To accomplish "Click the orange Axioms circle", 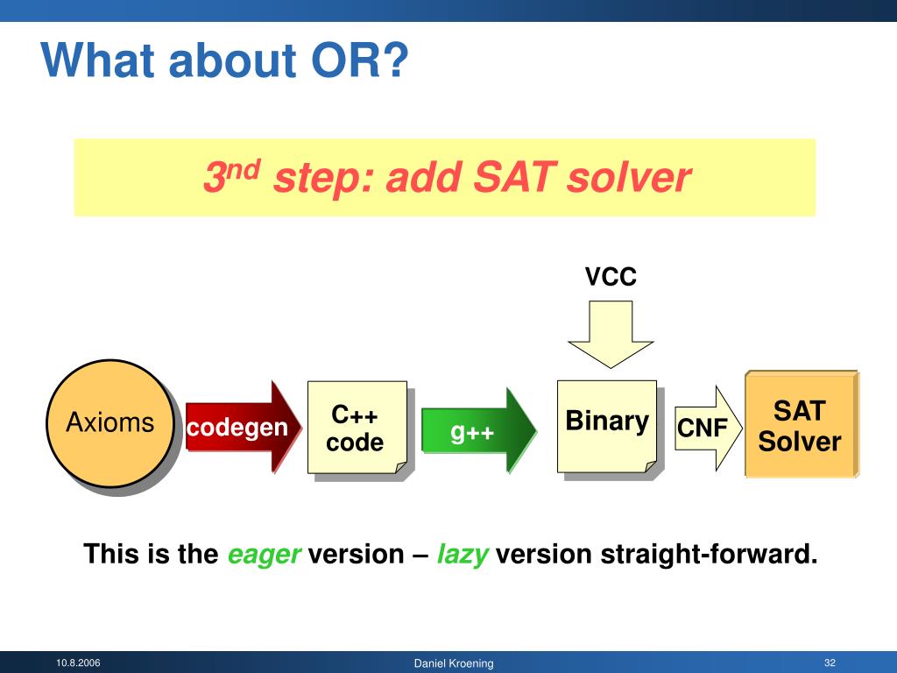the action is [109, 423].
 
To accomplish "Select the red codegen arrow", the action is [244, 427].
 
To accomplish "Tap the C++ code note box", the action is [357, 428].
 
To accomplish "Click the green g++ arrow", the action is [479, 430].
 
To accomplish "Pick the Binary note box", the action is [607, 427].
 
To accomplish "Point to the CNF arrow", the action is [708, 428].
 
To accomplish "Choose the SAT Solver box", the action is [802, 424].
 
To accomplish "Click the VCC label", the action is [611, 276].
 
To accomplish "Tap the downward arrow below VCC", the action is [611, 334].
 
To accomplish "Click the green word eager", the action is [264, 555].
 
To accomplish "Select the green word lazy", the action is [463, 555].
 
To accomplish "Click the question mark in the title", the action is [395, 60].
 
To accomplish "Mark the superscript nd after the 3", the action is [244, 169].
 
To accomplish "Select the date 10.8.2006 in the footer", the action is [78, 662].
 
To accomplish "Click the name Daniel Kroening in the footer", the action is [454, 663].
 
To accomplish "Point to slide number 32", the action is [830, 662].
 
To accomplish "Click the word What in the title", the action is [98, 60].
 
